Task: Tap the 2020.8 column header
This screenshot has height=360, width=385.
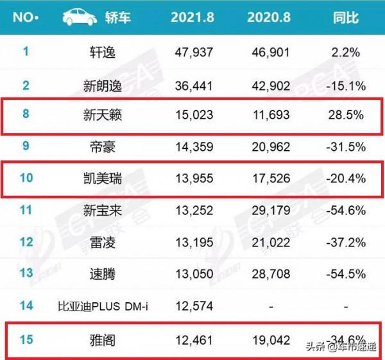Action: click(269, 17)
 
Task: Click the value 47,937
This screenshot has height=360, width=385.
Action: click(194, 52)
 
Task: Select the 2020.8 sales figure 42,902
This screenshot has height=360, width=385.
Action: click(269, 85)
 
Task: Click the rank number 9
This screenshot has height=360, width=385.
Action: click(26, 146)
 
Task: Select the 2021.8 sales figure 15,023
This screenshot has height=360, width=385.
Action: click(194, 116)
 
